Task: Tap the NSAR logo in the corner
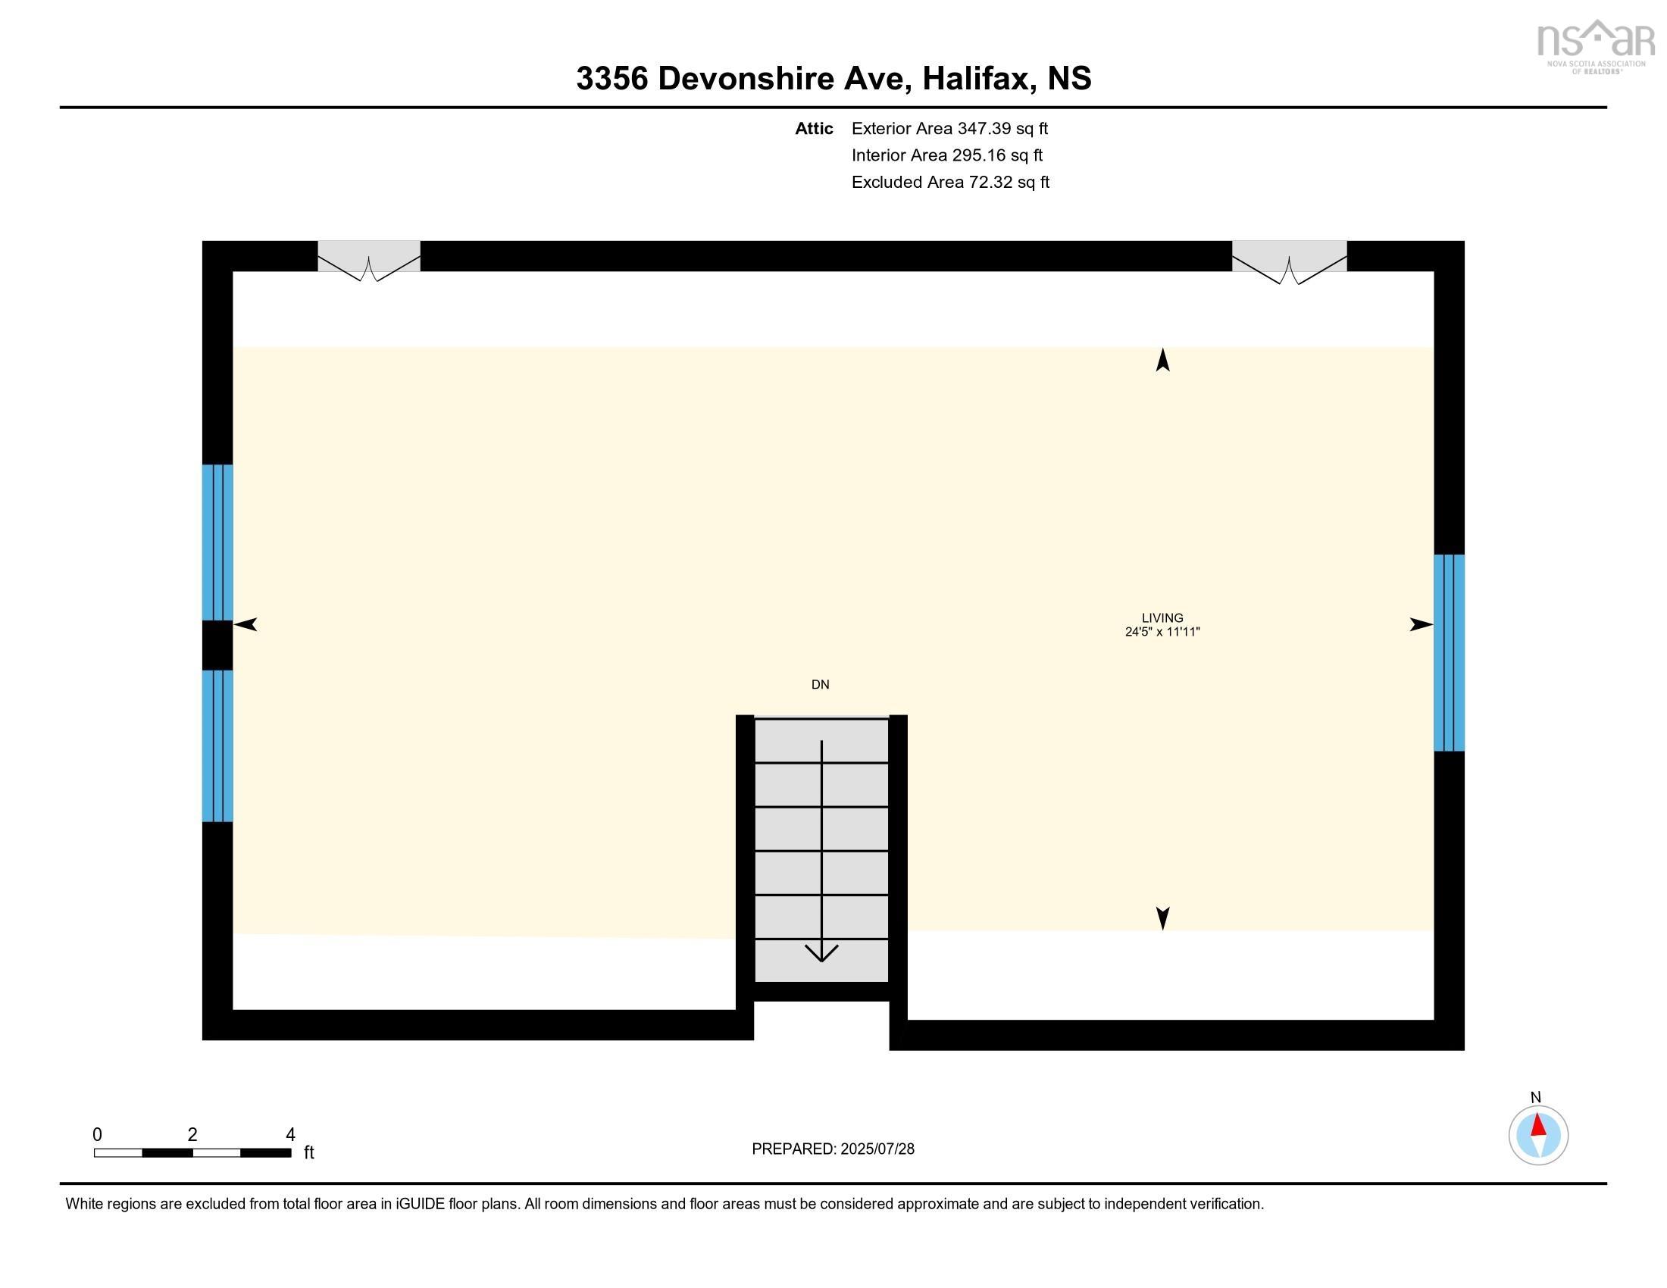1595,45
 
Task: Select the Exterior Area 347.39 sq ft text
949,128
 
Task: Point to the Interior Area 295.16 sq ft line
946,155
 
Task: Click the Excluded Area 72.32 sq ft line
950,182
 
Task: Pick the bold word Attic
814,128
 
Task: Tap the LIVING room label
1162,618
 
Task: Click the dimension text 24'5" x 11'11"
1162,632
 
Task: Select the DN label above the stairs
821,684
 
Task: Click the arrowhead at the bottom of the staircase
821,954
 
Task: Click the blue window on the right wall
1449,652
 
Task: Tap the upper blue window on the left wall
217,542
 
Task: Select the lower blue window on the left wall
217,746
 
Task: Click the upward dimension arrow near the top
1162,359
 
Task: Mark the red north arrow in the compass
1538,1125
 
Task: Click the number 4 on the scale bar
290,1135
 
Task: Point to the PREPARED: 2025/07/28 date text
833,1149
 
